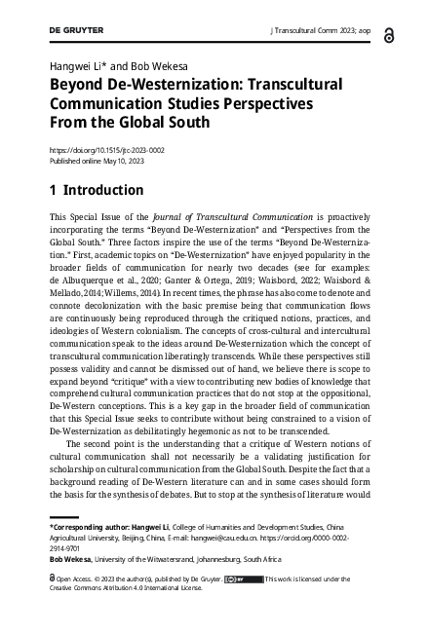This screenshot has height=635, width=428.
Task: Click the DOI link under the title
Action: coord(107,150)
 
